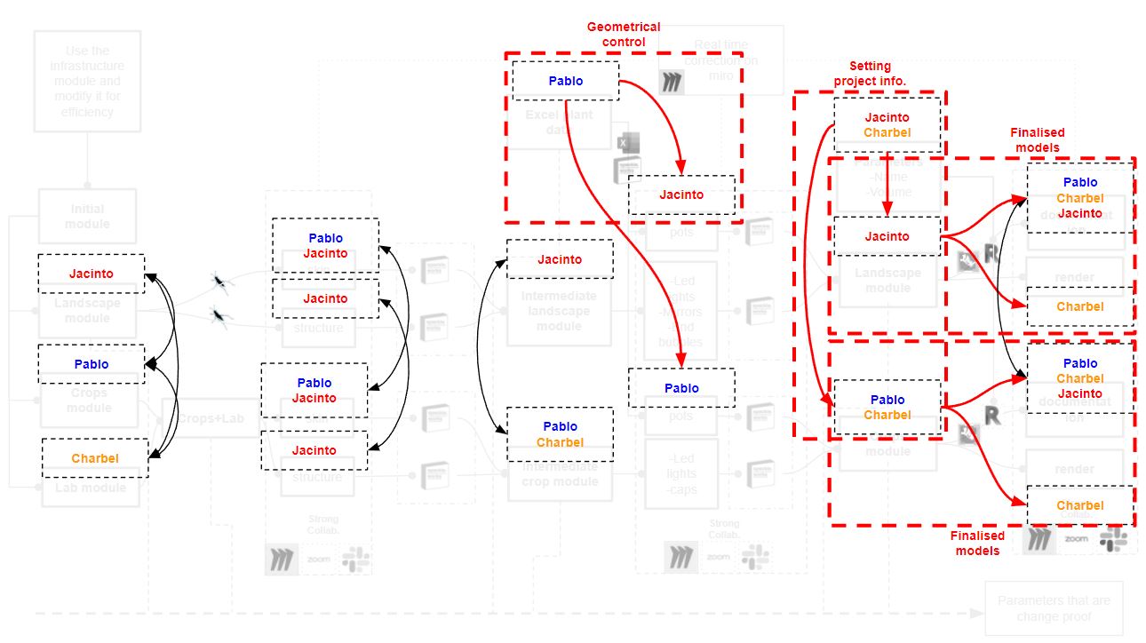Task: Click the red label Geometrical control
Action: [x=624, y=34]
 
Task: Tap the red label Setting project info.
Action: [x=869, y=74]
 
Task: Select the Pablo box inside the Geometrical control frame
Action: [x=566, y=81]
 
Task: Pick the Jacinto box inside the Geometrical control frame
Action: [x=681, y=194]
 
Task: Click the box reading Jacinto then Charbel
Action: [x=887, y=124]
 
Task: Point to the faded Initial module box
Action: [x=87, y=216]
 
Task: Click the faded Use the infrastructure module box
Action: [x=87, y=82]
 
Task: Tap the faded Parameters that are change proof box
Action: [x=1054, y=607]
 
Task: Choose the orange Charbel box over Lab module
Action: [x=95, y=458]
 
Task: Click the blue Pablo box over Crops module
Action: [x=91, y=364]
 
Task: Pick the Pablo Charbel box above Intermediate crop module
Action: [x=560, y=433]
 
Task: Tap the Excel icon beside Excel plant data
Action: [x=625, y=142]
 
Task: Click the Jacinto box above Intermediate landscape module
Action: [x=560, y=259]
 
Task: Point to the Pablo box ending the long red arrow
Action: [x=681, y=388]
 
